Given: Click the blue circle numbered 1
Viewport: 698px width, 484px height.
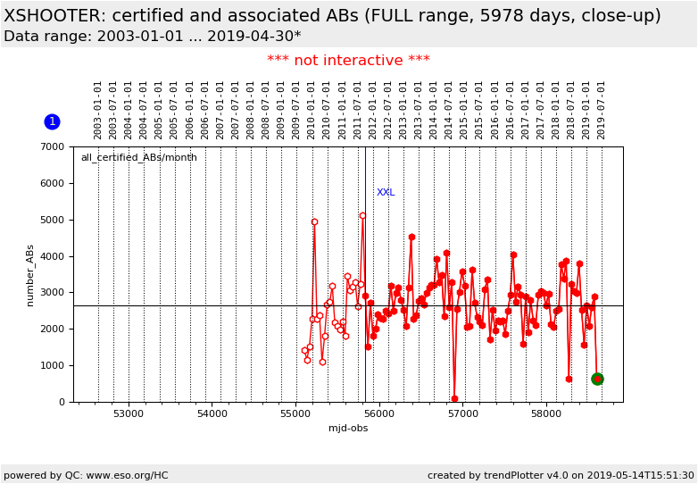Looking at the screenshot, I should [52, 121].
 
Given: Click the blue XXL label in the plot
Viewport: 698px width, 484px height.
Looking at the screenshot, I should [386, 193].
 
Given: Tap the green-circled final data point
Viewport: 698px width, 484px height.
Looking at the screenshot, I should [597, 379].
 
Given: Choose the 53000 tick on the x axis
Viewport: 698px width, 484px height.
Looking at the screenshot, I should [129, 414].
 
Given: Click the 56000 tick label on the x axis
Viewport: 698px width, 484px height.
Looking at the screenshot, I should [379, 414].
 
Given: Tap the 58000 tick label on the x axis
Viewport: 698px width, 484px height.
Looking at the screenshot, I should [546, 414].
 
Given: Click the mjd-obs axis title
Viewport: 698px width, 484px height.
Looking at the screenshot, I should [348, 429].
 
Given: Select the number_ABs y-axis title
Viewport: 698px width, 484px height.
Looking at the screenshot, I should [29, 275].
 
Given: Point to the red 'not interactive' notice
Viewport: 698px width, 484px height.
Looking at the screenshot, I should [348, 61].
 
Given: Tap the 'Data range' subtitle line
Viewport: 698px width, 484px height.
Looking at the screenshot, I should [152, 37].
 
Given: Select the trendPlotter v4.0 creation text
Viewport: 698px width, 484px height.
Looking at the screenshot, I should [561, 476].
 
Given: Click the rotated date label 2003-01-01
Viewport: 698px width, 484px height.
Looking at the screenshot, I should [98, 110].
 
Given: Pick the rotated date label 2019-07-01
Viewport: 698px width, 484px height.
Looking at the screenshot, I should [602, 110].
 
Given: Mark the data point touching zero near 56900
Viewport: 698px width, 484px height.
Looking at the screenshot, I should [454, 399].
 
